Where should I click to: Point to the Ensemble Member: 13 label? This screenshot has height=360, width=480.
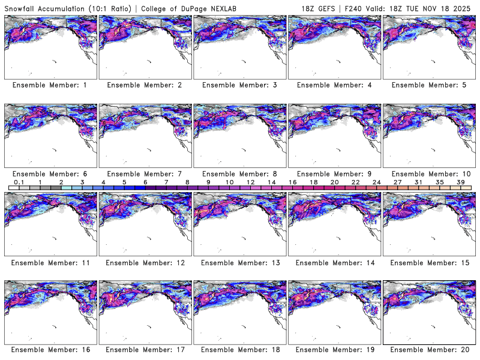(x=241, y=262)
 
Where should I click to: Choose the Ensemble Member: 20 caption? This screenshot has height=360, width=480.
(x=430, y=349)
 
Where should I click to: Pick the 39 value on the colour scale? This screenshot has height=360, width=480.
(x=460, y=182)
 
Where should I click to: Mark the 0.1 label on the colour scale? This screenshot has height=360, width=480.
(x=19, y=182)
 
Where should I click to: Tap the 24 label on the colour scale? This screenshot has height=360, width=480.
(x=376, y=182)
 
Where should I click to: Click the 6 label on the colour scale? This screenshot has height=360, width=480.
(x=145, y=182)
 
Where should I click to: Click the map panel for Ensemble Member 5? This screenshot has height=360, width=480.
(x=428, y=46)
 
